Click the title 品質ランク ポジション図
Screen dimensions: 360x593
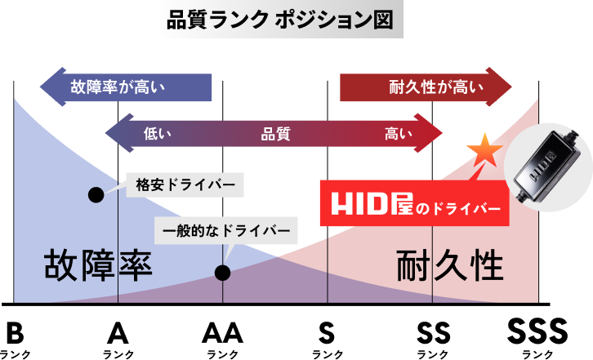click(x=279, y=21)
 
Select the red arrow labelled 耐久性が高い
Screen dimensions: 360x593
click(x=426, y=87)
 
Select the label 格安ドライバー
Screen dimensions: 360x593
click(x=185, y=185)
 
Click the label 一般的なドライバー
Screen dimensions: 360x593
click(x=226, y=230)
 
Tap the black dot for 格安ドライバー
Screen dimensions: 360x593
click(x=96, y=194)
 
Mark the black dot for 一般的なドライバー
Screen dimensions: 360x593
click(x=221, y=273)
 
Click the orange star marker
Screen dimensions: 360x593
click(x=484, y=151)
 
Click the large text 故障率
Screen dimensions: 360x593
click(x=98, y=266)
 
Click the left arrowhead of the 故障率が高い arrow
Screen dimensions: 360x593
click(x=50, y=87)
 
